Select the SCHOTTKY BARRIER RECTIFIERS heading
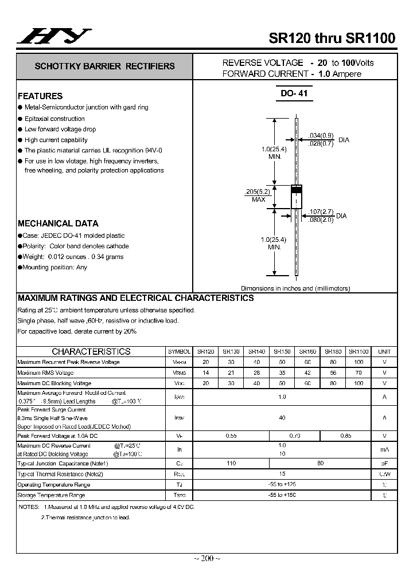[104, 66]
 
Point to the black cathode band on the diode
[297, 189]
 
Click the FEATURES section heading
[40, 96]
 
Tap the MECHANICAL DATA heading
[58, 224]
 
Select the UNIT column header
[384, 351]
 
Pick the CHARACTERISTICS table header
[91, 351]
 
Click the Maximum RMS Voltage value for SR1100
[359, 373]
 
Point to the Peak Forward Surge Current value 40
[282, 418]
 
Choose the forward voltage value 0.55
[231, 436]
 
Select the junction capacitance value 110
[231, 463]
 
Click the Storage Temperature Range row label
[51, 495]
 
